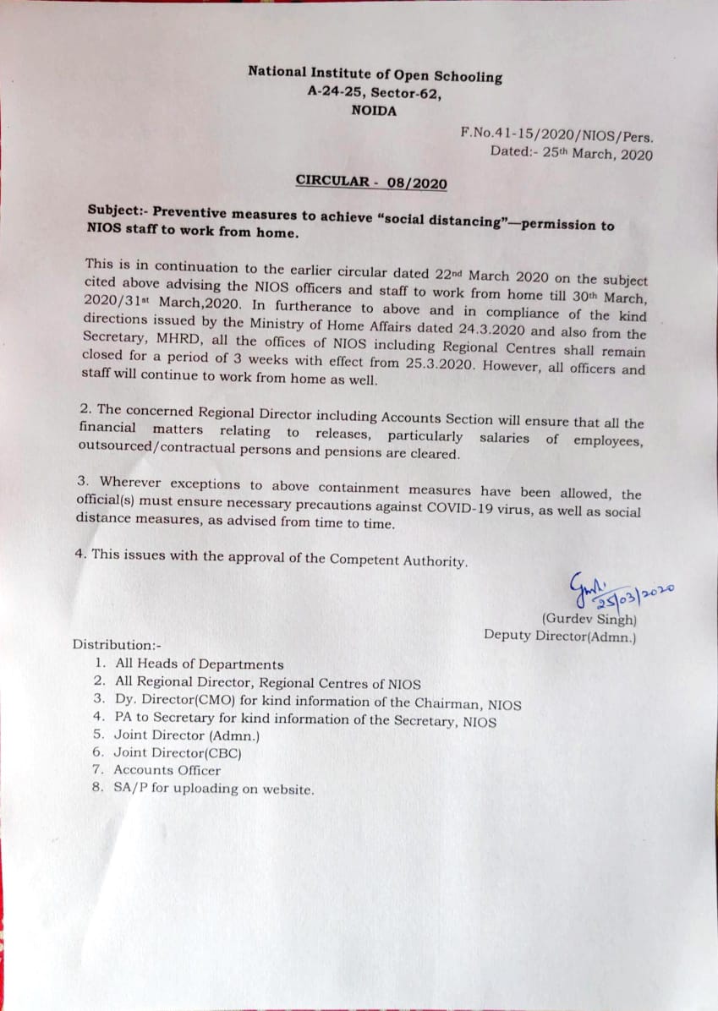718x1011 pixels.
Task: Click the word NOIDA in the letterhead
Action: click(x=374, y=111)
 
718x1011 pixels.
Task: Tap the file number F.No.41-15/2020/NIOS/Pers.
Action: click(x=556, y=134)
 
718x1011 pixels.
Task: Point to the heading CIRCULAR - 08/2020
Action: click(x=371, y=182)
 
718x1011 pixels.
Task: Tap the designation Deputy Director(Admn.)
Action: click(x=560, y=636)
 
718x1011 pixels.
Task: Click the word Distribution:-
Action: click(x=112, y=644)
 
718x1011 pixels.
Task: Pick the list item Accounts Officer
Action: click(x=167, y=770)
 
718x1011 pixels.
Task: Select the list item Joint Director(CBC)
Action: click(x=178, y=752)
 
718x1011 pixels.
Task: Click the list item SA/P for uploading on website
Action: click(x=214, y=790)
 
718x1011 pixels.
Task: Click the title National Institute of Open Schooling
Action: click(x=375, y=74)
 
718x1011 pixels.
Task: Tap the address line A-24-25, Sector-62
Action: click(x=375, y=93)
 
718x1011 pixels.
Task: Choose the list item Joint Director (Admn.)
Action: click(x=187, y=735)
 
